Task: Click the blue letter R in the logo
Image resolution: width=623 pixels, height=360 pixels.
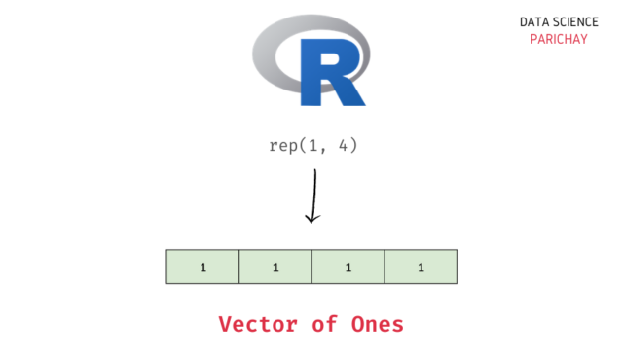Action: [331, 72]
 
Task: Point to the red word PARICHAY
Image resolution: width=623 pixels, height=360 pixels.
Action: [557, 40]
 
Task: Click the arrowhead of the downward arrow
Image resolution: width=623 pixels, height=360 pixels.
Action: [311, 218]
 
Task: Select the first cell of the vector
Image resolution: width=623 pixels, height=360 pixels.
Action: [202, 267]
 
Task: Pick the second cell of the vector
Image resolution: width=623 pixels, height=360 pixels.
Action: [275, 267]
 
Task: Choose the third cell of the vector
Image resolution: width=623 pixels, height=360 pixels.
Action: [348, 267]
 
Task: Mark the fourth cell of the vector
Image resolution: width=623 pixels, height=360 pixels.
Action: [421, 267]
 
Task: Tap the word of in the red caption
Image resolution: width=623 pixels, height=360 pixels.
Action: [325, 324]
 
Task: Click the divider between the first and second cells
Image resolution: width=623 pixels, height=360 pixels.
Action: [239, 267]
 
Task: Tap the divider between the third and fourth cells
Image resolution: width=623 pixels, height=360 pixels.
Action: [385, 267]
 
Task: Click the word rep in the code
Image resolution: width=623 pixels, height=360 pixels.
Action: [281, 147]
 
